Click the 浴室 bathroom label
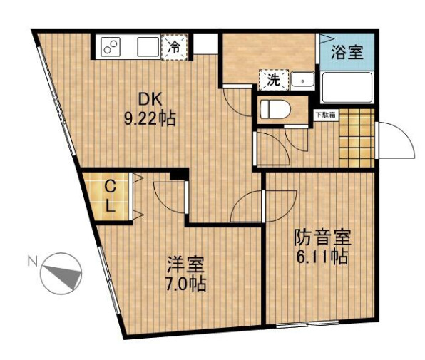click(347, 51)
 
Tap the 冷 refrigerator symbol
click(174, 47)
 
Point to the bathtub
click(347, 87)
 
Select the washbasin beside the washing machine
click(303, 81)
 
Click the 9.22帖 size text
click(150, 118)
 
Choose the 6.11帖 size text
click(321, 257)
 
